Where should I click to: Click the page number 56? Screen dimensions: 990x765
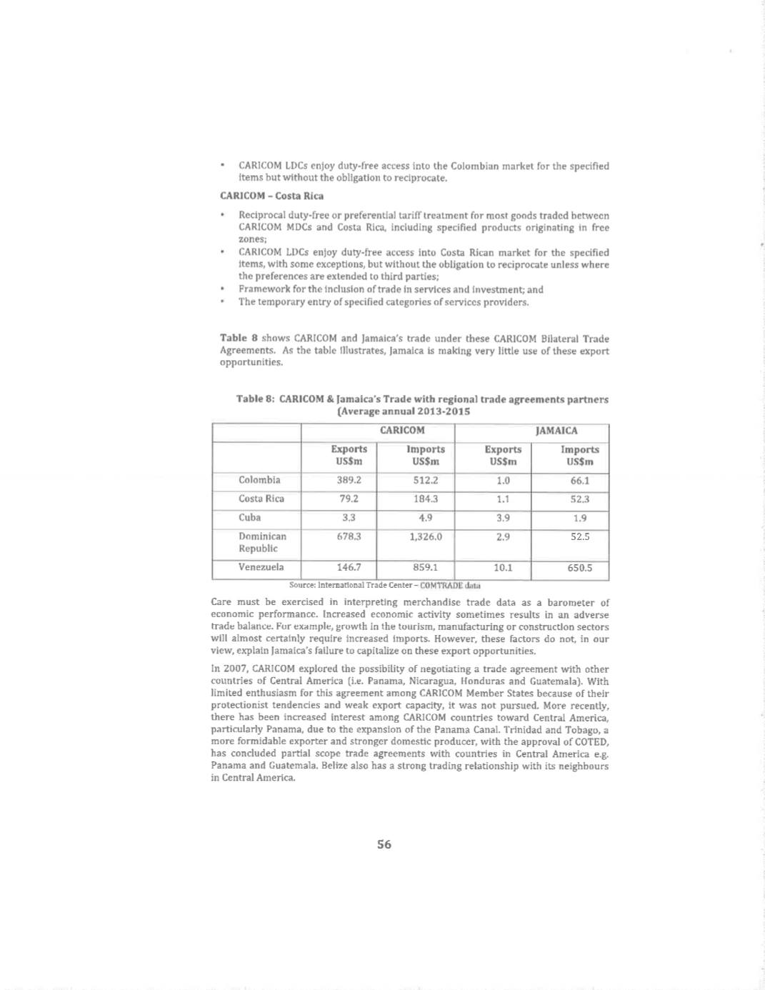click(384, 844)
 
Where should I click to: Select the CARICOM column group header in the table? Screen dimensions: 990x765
click(402, 430)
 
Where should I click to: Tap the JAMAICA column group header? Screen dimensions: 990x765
click(556, 431)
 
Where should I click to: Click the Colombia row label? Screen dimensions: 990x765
click(259, 480)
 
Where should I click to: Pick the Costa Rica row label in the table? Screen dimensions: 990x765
click(261, 499)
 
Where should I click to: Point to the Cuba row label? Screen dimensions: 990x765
click(250, 517)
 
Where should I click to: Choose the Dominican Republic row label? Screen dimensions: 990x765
click(262, 542)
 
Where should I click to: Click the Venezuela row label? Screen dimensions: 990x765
click(261, 567)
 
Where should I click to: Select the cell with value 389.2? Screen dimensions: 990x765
click(349, 480)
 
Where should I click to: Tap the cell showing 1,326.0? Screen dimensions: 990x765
click(426, 536)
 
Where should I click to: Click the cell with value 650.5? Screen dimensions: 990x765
click(579, 569)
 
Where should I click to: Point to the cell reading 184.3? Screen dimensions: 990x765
click(426, 499)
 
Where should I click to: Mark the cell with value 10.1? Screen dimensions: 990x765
click(503, 568)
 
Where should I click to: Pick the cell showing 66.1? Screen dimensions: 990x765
click(579, 481)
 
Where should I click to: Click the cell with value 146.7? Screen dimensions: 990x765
click(349, 567)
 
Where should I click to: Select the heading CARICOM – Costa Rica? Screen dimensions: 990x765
click(271, 196)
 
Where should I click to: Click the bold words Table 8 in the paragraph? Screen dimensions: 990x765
click(234, 338)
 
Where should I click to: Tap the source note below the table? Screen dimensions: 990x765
click(384, 585)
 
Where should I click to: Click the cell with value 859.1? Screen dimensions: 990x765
click(426, 567)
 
